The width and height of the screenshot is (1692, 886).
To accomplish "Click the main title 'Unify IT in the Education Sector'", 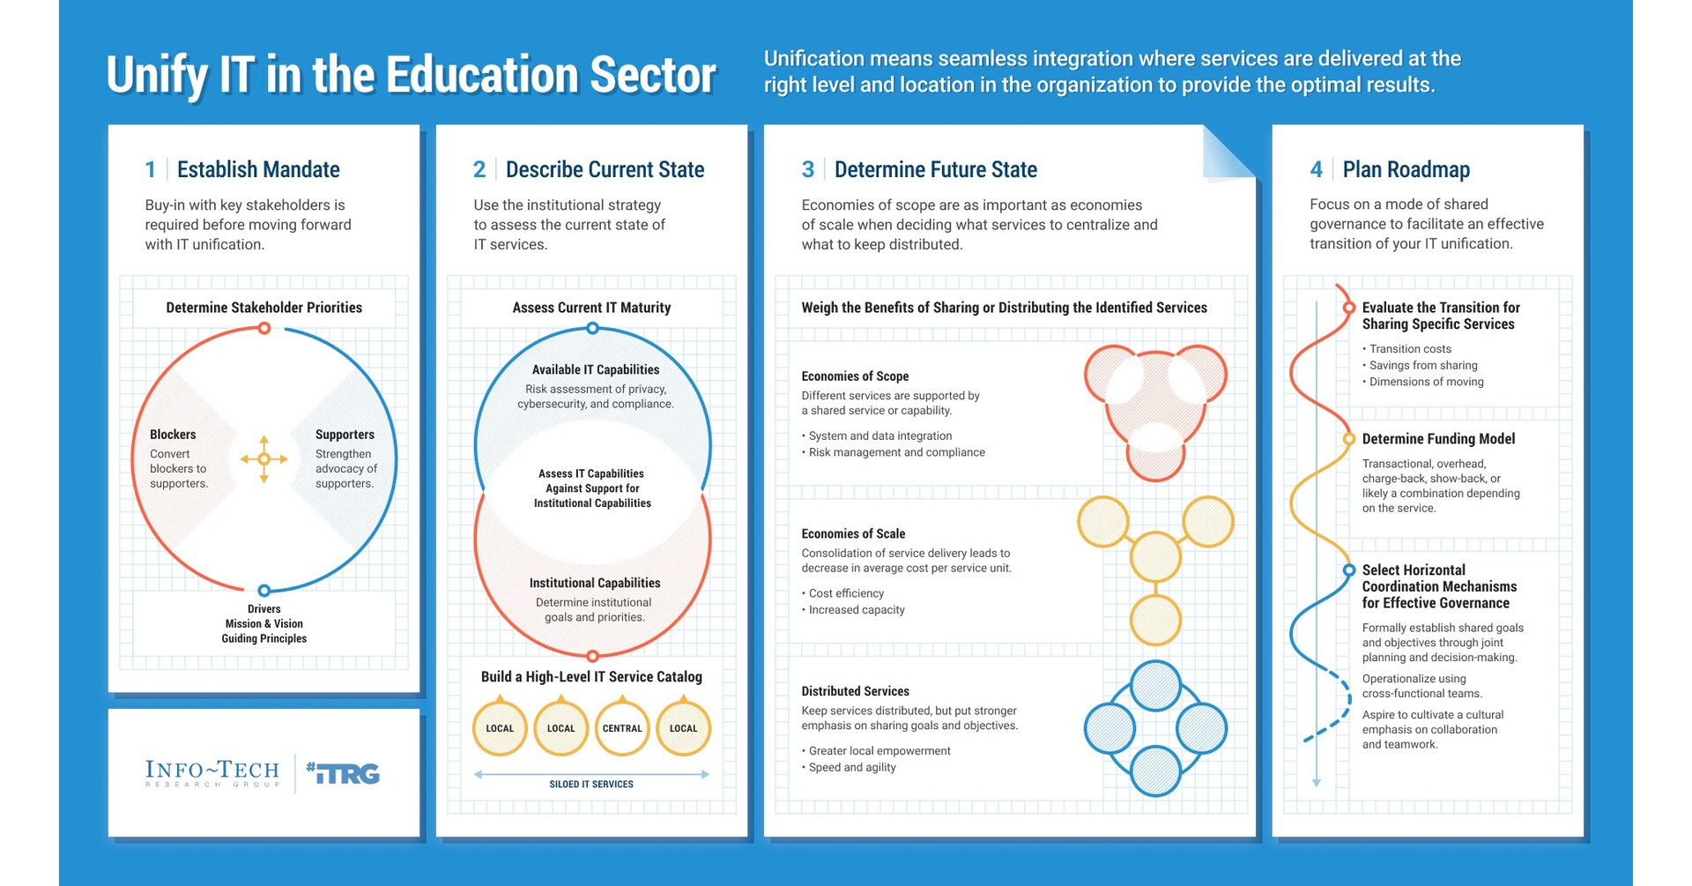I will pos(411,76).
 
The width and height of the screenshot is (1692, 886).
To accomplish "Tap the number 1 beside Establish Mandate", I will pos(151,169).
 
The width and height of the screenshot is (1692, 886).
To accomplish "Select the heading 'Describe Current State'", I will pos(605,169).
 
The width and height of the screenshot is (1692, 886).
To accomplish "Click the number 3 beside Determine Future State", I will pos(807,169).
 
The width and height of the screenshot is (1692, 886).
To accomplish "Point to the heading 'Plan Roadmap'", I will pos(1406,169).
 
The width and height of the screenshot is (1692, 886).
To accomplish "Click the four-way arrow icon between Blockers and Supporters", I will pos(263,458).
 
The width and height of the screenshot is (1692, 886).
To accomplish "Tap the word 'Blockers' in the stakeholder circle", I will pos(173,435).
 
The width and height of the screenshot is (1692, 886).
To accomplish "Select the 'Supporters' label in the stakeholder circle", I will pos(345,435).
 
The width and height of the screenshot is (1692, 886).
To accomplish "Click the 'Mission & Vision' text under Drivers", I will pos(263,623).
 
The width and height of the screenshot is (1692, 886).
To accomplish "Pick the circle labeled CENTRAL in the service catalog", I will pos(622,728).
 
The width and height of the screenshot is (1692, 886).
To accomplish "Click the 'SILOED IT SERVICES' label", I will pos(591,784).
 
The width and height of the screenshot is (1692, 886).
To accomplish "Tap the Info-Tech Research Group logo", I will pos(212,773).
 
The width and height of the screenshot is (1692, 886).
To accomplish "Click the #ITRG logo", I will pos(343,773).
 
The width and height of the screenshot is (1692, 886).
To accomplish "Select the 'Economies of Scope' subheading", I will pos(855,376).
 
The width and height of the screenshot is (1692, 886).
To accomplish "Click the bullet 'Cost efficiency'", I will pos(845,593).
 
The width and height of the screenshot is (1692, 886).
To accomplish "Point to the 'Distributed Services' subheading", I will pos(855,691).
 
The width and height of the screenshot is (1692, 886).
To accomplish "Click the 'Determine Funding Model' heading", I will pos(1438,439).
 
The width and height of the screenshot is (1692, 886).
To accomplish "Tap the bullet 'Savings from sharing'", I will pos(1422,365).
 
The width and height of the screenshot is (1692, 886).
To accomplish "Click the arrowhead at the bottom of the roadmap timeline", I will pos(1317,783).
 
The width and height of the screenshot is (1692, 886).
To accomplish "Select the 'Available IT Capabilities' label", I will pos(595,369).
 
